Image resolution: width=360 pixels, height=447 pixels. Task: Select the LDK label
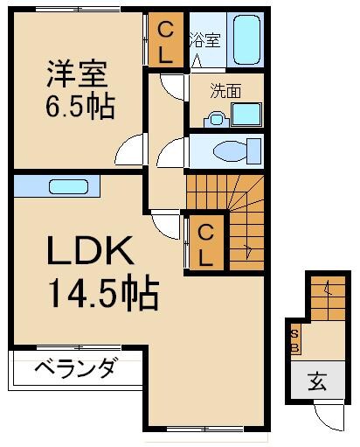(x=92, y=254)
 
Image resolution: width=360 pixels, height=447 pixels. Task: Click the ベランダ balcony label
(x=75, y=368)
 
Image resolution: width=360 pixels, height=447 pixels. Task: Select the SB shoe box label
(x=295, y=342)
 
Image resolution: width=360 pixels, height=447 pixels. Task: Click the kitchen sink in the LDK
(x=66, y=186)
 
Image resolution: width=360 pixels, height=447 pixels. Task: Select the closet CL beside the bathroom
(x=164, y=40)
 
